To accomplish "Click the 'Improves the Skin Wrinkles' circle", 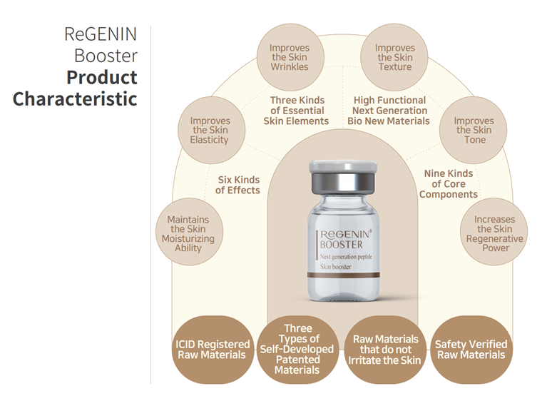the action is click(x=290, y=57).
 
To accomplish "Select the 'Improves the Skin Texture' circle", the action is click(x=394, y=57).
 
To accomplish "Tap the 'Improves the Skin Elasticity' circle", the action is click(x=211, y=130).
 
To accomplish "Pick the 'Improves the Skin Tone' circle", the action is click(x=473, y=130).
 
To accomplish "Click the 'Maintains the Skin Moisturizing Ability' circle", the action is click(x=189, y=232).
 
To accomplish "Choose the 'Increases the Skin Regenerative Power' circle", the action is click(x=494, y=232).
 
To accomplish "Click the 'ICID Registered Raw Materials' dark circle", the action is click(x=213, y=350).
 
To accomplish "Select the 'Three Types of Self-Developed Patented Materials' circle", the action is click(x=297, y=350).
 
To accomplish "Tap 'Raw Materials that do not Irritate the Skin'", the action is click(x=385, y=350).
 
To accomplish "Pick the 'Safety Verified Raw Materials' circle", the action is click(x=471, y=350).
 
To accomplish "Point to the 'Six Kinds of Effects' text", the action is click(x=238, y=185).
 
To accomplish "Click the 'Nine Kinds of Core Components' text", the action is click(x=449, y=184).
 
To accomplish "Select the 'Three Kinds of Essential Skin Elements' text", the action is click(x=296, y=111).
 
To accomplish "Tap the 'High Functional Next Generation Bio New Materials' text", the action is click(x=389, y=111).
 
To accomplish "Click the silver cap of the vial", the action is click(x=343, y=178).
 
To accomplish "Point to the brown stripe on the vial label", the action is click(x=343, y=275).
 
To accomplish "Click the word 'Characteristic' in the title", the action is click(x=75, y=99).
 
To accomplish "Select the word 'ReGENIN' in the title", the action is click(x=101, y=34).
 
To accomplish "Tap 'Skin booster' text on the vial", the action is click(x=336, y=267).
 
